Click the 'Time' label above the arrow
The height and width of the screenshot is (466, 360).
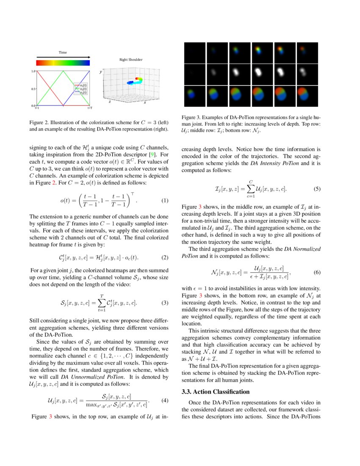(x=62, y=53)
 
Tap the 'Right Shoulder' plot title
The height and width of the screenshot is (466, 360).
(x=130, y=60)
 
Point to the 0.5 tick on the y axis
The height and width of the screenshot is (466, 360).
(x=33, y=89)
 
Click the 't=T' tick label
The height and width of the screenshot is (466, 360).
(x=90, y=108)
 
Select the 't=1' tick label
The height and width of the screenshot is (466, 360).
(x=37, y=108)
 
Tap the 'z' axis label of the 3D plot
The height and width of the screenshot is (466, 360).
(x=110, y=102)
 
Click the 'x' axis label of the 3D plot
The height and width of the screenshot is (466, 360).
(x=145, y=103)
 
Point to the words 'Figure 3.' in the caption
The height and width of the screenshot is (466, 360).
(x=191, y=117)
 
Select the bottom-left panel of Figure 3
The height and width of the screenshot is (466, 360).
(x=194, y=96)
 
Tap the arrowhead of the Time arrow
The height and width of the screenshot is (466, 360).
(x=89, y=57)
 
